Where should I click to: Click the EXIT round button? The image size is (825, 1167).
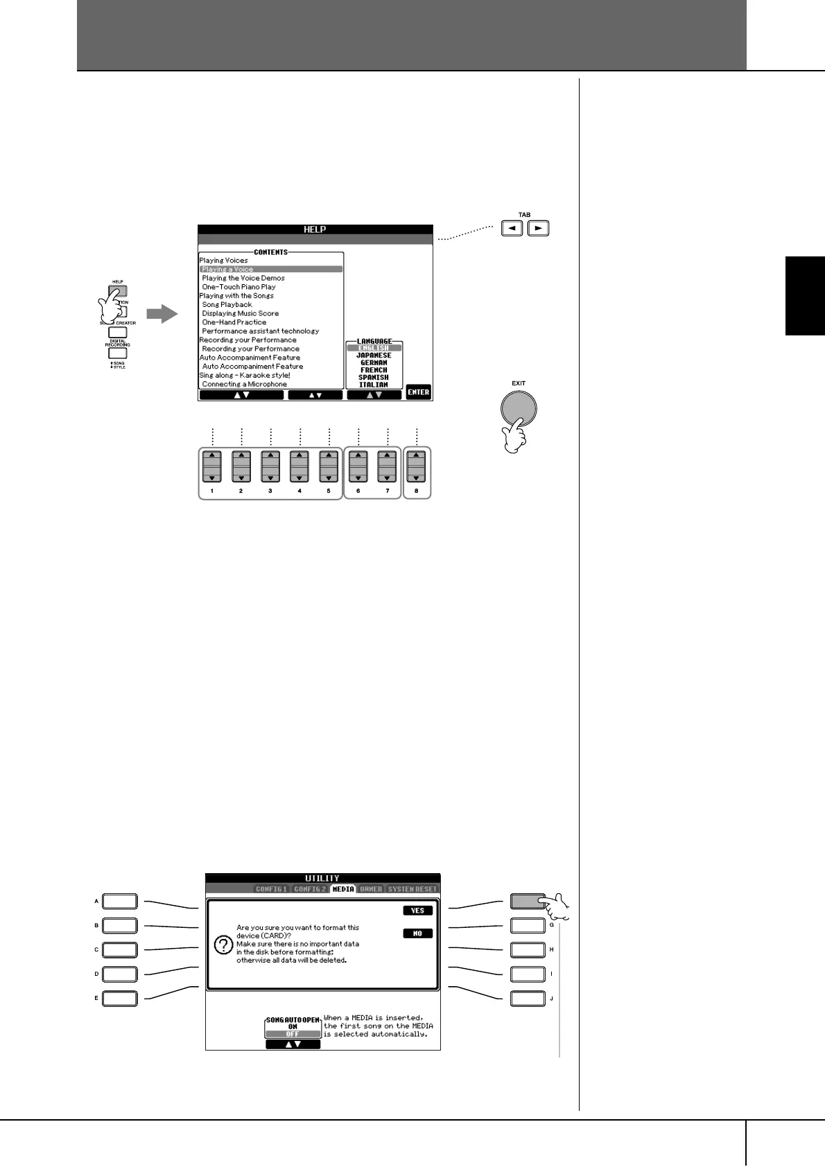519,410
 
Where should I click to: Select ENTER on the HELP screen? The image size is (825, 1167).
418,392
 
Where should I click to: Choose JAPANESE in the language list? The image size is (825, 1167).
374,356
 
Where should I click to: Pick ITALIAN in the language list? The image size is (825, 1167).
374,385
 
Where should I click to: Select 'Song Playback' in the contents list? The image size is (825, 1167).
227,304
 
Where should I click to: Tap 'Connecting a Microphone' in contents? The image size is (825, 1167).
244,384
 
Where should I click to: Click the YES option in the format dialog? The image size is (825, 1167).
417,911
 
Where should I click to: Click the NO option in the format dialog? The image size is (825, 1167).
417,933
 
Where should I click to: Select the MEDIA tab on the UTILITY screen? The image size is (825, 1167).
343,889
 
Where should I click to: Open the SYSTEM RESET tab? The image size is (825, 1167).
412,889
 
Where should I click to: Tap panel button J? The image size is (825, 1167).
528,999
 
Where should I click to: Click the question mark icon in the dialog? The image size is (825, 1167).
223,945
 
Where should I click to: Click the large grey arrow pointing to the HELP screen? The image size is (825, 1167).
162,314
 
